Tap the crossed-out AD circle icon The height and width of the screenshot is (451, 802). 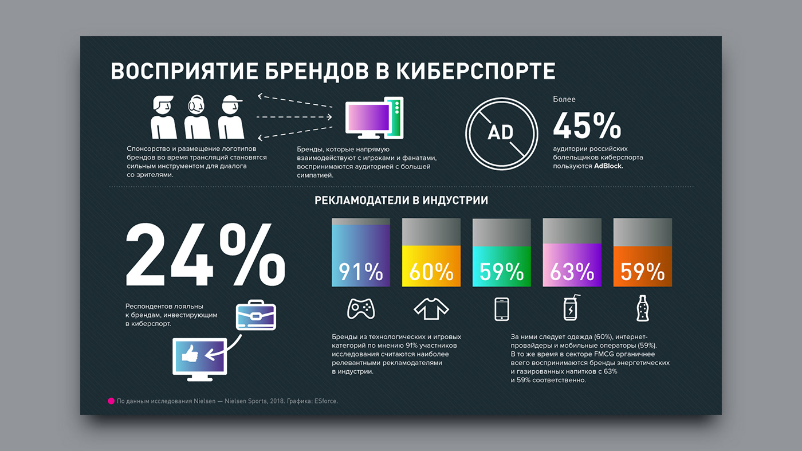(x=501, y=132)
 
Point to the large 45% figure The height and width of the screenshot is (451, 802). (x=587, y=126)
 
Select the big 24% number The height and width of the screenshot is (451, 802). (x=205, y=255)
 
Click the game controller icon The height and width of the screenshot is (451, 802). (x=361, y=309)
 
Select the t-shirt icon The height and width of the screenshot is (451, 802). (x=431, y=309)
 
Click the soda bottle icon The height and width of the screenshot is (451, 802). (x=642, y=308)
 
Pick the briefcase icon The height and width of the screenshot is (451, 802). (x=256, y=316)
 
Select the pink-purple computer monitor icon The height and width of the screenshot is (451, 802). (x=374, y=118)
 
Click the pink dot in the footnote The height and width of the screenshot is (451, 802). (x=112, y=401)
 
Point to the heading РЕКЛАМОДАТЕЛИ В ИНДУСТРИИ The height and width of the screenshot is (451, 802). (x=401, y=201)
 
